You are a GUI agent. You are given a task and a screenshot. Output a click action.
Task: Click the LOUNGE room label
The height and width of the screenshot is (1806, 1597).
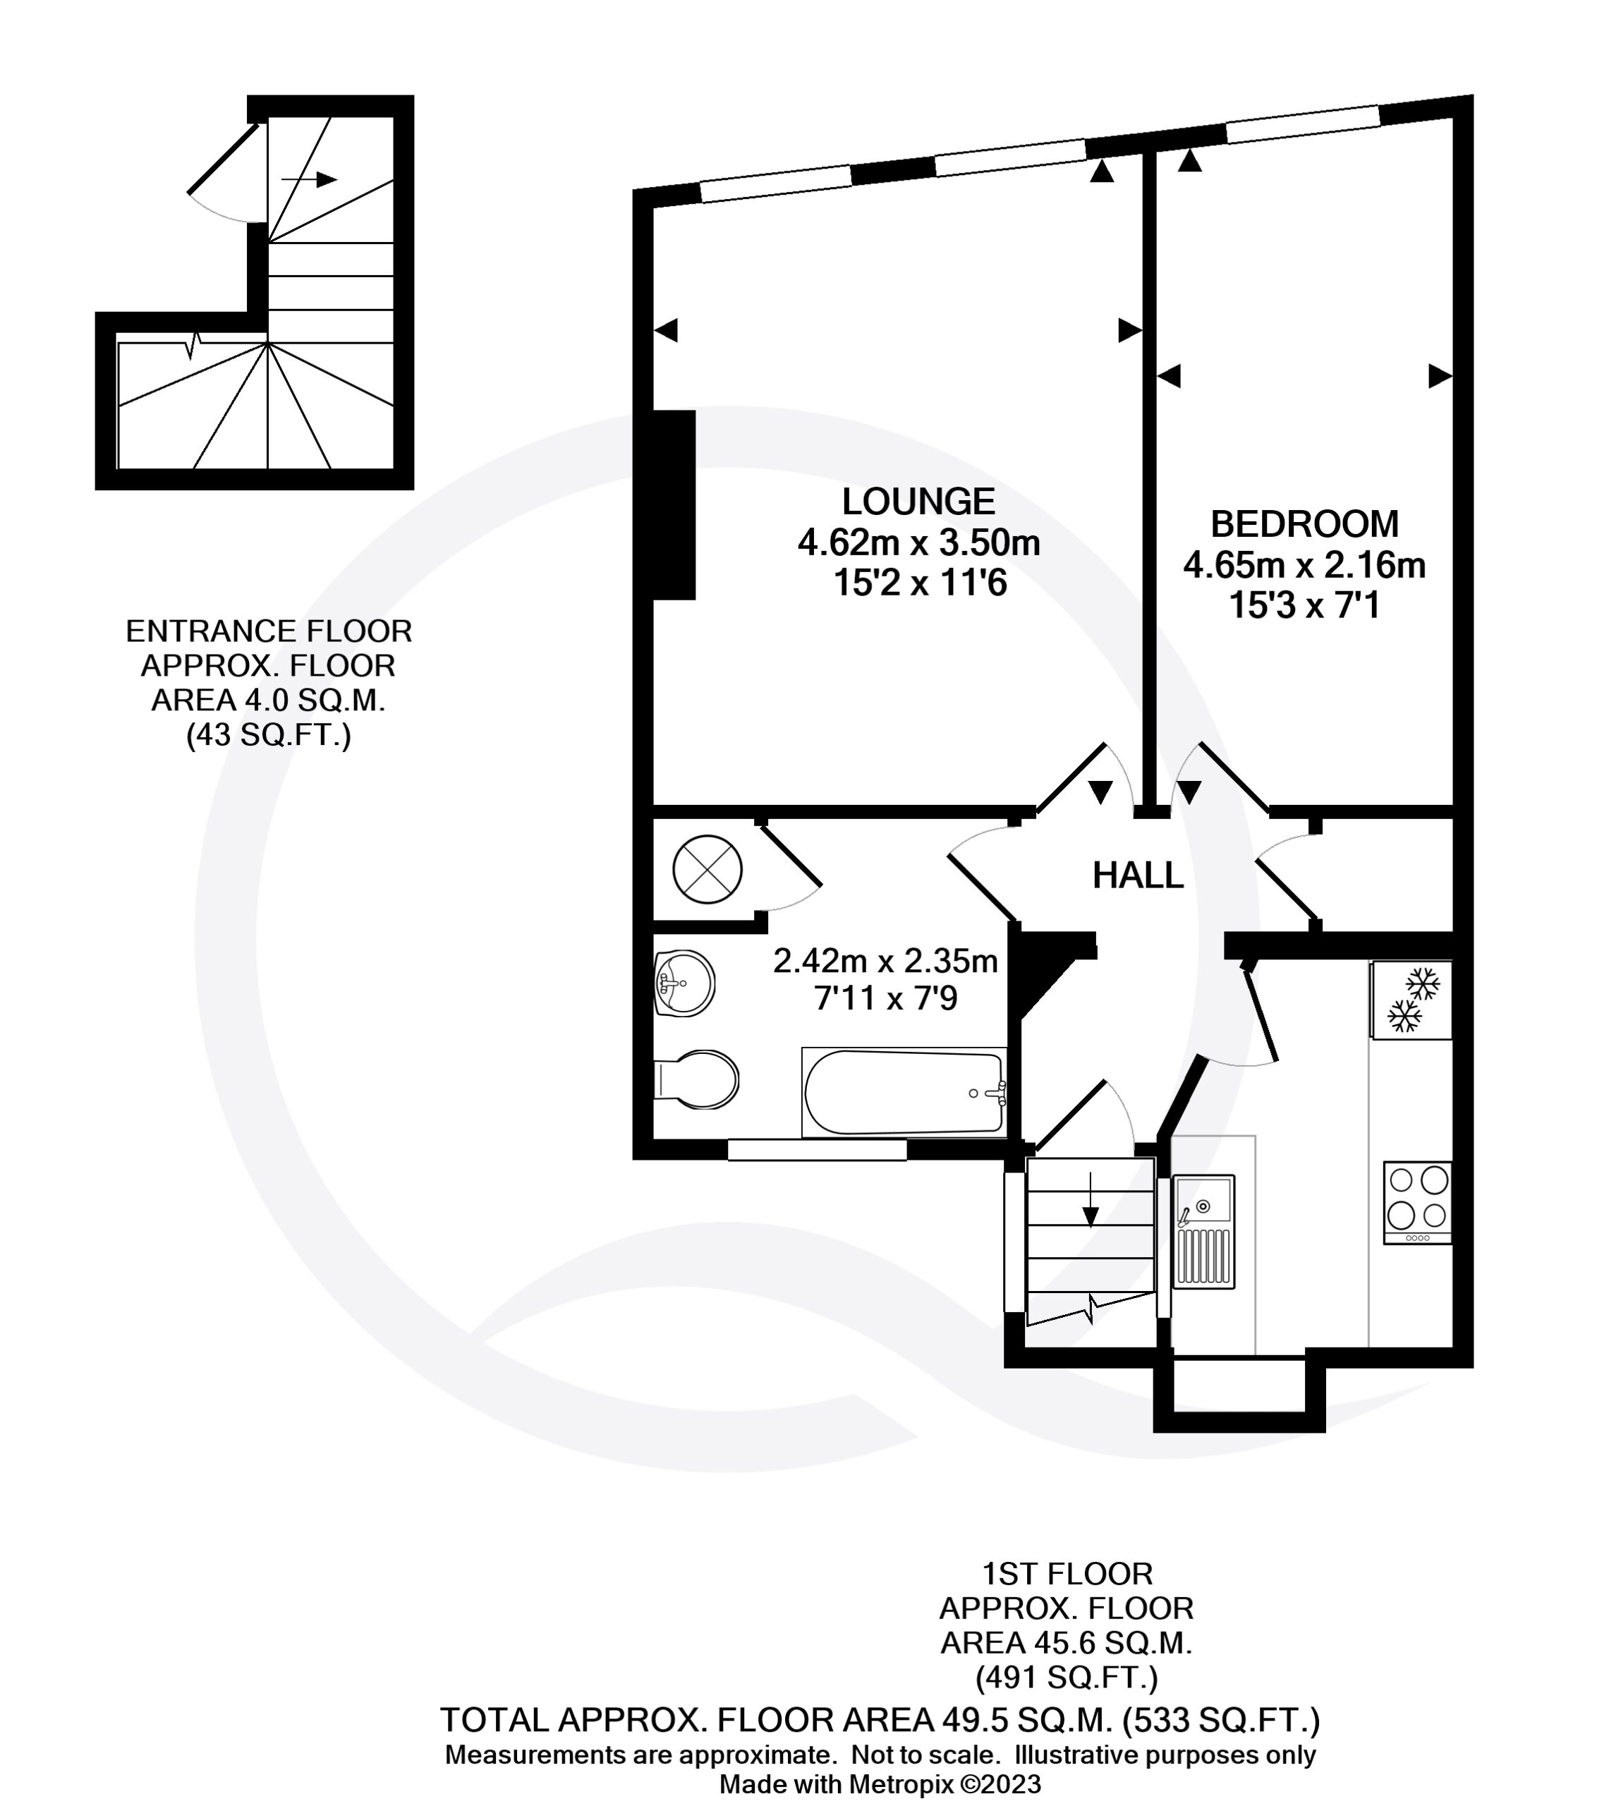(x=918, y=502)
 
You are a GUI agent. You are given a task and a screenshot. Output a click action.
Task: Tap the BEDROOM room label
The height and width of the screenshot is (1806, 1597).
(x=1305, y=524)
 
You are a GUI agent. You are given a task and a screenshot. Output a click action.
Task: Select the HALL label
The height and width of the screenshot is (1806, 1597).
(x=1138, y=875)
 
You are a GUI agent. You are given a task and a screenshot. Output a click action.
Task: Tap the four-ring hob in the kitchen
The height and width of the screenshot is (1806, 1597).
(x=1418, y=1204)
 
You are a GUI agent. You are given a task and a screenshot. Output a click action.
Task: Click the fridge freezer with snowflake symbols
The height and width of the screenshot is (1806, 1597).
(x=1411, y=1000)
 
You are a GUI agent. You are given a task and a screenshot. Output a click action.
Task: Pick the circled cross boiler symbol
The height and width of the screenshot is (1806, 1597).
(x=707, y=871)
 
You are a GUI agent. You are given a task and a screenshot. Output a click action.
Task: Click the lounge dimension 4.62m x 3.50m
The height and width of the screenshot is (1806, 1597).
(x=918, y=543)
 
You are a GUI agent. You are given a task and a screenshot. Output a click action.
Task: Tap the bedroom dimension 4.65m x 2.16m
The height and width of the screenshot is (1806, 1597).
(x=1305, y=564)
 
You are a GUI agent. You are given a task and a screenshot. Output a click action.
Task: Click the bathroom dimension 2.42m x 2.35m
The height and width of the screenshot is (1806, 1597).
(x=885, y=960)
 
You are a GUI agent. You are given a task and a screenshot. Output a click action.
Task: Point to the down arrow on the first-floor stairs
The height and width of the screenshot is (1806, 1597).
(x=1091, y=1199)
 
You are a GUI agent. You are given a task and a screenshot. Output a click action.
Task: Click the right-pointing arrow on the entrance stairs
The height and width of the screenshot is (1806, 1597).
(x=309, y=179)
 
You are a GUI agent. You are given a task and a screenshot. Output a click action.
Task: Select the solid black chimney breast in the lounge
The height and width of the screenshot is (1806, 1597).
(x=674, y=505)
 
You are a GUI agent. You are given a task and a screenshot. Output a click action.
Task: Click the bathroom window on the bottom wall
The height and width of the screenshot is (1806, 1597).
(x=817, y=1149)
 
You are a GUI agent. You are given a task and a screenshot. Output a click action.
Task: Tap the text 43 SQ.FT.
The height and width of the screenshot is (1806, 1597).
(x=269, y=735)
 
